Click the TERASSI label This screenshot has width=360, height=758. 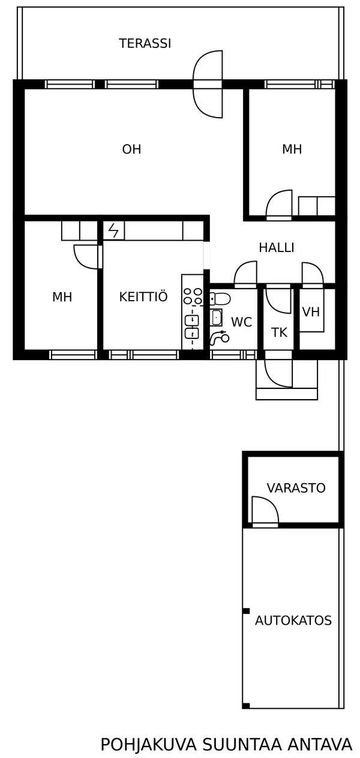tap(145, 43)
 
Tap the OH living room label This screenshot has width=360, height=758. tap(131, 149)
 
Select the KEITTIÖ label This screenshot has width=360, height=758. tap(143, 296)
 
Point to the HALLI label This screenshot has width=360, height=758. tap(277, 248)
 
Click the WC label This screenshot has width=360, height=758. tap(242, 322)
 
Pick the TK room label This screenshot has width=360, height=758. tap(279, 332)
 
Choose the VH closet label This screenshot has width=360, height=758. tap(311, 311)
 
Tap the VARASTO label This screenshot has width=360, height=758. tap(296, 487)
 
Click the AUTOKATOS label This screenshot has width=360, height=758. tap(293, 621)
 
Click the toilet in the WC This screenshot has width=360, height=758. tap(220, 299)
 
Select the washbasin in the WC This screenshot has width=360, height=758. tap(216, 317)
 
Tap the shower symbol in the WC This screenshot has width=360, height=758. tap(219, 337)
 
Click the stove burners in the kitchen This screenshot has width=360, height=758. tap(193, 296)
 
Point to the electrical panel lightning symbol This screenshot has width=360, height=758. tap(113, 230)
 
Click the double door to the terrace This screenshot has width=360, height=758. tap(208, 84)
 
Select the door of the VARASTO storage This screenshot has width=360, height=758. tap(265, 511)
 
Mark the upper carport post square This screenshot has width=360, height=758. tap(246, 611)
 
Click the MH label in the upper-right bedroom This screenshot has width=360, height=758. tap(292, 149)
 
